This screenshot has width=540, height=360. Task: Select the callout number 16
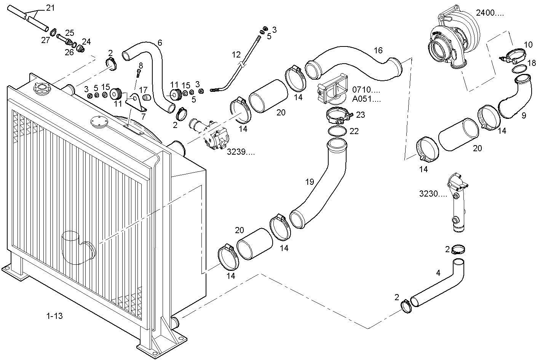click(378, 51)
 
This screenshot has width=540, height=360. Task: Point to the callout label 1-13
click(54, 316)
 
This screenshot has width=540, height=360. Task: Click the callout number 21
click(50, 8)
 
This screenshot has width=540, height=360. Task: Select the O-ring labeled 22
click(337, 131)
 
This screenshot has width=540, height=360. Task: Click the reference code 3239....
click(241, 152)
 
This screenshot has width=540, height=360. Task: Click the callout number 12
click(236, 55)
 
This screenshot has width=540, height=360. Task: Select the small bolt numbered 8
click(139, 73)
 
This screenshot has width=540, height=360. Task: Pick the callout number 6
click(160, 43)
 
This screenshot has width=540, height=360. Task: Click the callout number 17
click(143, 90)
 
